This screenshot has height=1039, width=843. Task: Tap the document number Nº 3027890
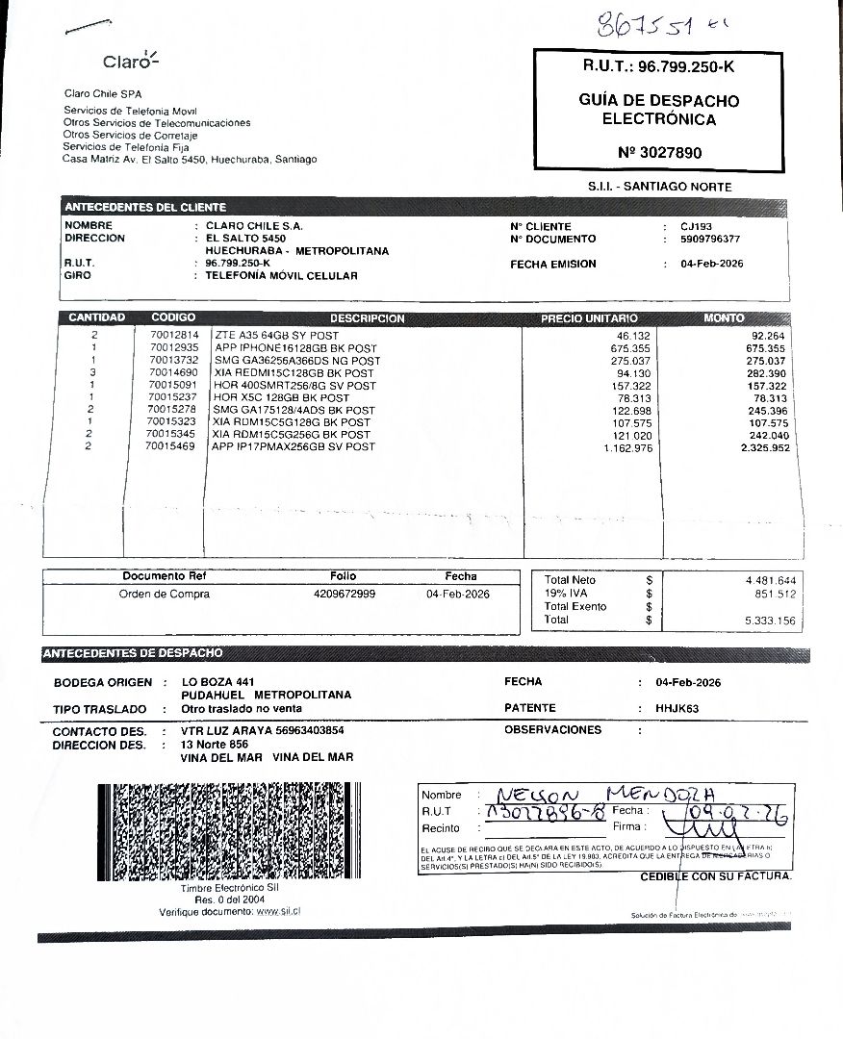(x=659, y=152)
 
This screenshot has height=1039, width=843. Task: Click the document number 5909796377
(x=710, y=239)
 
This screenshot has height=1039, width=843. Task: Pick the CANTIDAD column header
(x=96, y=317)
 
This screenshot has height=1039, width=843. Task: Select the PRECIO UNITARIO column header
(x=589, y=318)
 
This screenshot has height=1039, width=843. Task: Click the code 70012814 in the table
(x=174, y=335)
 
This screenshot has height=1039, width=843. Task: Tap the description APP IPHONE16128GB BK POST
(x=295, y=347)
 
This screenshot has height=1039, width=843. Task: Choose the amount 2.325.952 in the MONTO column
(x=759, y=447)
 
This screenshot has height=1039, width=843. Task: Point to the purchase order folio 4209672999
(x=345, y=595)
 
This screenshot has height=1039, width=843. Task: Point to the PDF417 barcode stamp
(x=233, y=833)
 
